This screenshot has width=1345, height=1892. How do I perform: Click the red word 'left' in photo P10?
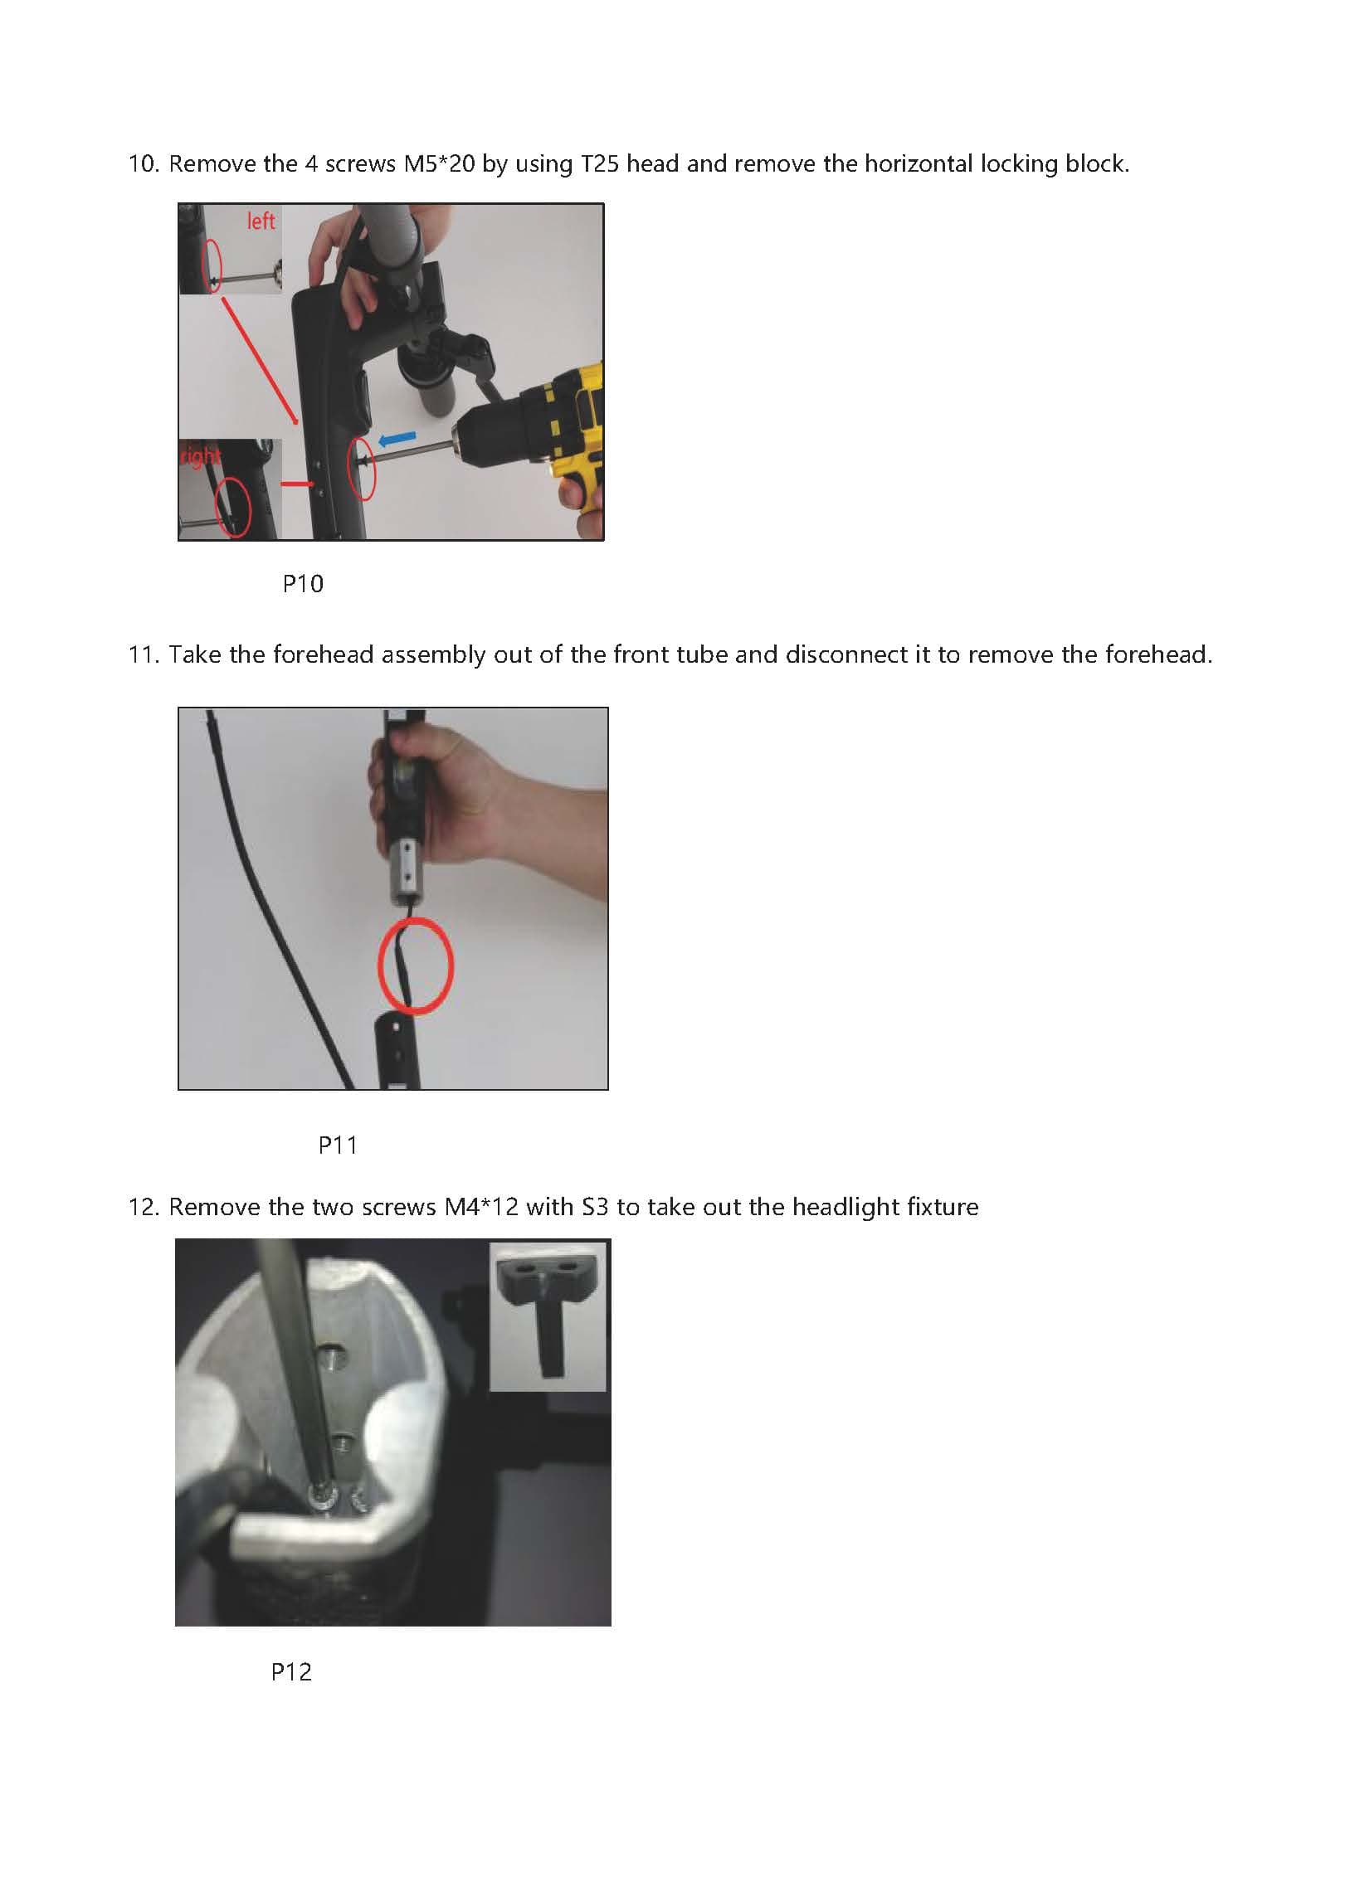[261, 221]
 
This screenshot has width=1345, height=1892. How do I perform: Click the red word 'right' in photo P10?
[200, 456]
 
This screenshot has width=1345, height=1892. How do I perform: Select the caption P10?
[303, 584]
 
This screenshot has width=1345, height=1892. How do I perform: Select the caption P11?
[338, 1145]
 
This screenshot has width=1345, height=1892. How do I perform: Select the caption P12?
[291, 1671]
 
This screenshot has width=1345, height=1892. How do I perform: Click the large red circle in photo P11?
[415, 965]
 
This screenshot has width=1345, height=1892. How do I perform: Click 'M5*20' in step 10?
[439, 164]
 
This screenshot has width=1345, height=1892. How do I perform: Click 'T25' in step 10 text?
[599, 164]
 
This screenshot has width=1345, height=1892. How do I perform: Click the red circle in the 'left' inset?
[212, 265]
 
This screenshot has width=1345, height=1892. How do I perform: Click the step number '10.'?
[143, 164]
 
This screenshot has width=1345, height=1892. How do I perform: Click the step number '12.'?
[143, 1207]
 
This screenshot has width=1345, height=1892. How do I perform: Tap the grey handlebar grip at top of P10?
[398, 241]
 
